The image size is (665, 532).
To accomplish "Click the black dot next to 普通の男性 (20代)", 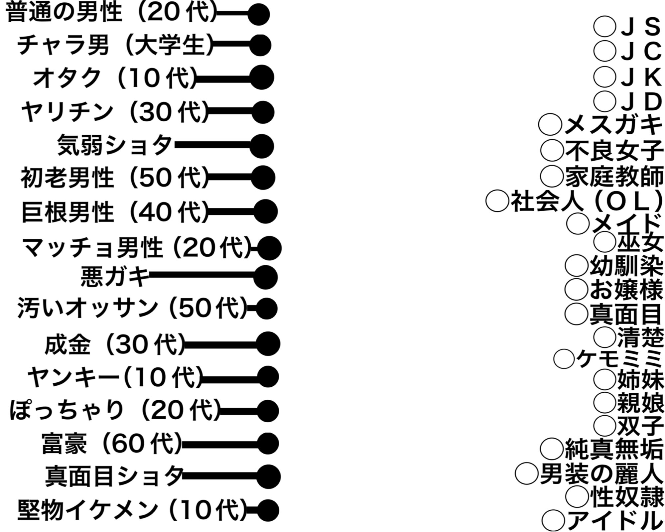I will [x=259, y=15].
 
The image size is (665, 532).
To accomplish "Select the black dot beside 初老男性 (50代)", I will [x=263, y=177].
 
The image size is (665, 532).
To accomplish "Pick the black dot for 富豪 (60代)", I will [x=268, y=444].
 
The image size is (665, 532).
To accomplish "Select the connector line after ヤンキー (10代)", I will [x=229, y=378].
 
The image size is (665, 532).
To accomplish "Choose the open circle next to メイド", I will [x=578, y=223].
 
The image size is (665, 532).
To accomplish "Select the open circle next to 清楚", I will [x=605, y=336].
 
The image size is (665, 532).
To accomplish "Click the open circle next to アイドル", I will [x=553, y=520].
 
